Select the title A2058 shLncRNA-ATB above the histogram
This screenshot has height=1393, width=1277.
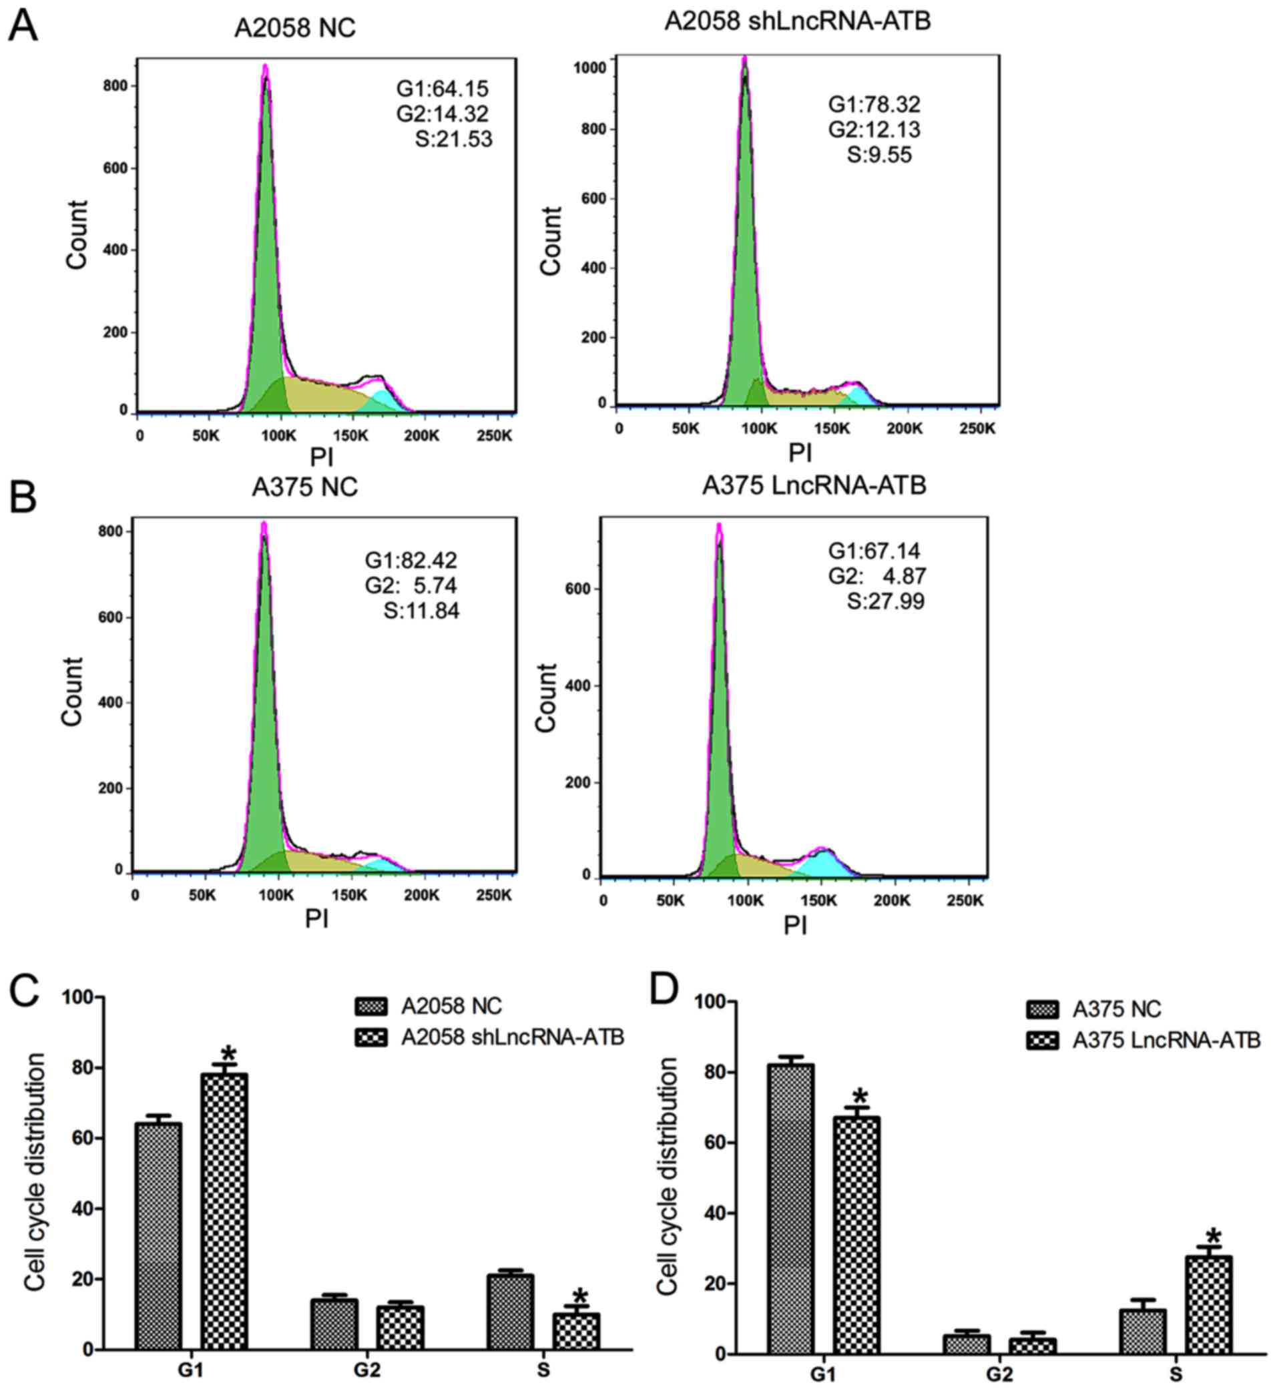798,21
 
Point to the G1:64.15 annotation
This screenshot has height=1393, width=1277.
443,89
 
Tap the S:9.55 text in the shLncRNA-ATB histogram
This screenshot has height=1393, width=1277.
879,154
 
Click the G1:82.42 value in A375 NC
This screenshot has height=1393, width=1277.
411,560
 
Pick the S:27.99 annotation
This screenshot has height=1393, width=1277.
885,601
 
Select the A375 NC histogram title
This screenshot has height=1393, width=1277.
305,487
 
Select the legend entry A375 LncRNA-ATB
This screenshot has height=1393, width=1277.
1166,1040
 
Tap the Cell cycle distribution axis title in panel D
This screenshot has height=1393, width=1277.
667,1175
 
